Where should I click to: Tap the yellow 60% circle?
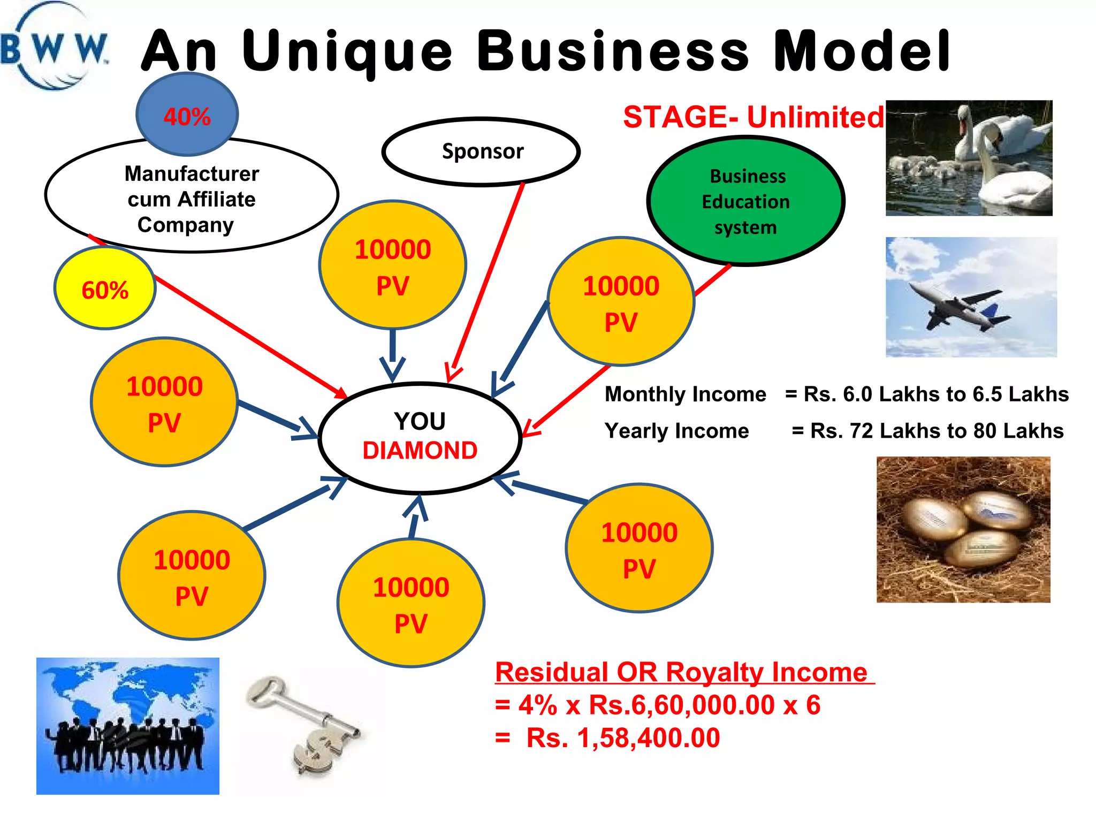click(105, 289)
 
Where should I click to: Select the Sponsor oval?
click(482, 151)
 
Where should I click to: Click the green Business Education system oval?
click(745, 201)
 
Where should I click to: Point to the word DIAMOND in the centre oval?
click(420, 451)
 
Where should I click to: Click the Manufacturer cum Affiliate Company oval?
click(192, 199)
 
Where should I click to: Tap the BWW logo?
click(54, 48)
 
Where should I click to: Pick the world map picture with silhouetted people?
click(128, 726)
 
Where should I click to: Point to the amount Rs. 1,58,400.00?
click(623, 738)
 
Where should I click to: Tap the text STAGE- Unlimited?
click(753, 117)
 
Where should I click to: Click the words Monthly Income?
click(685, 394)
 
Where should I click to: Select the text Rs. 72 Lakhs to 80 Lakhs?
click(937, 431)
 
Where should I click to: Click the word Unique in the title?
click(348, 52)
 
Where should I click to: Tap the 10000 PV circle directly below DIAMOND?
click(411, 604)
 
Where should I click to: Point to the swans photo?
click(969, 158)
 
